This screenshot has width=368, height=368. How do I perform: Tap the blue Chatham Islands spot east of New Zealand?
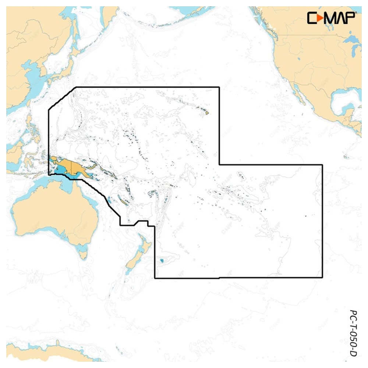162,261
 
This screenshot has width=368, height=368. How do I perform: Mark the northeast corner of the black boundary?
219,87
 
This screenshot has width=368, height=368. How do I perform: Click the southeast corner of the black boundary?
322,277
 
